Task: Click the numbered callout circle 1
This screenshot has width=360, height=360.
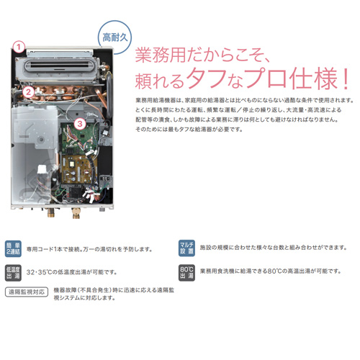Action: pyautogui.click(x=19, y=47)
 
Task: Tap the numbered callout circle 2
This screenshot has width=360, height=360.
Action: pyautogui.click(x=28, y=92)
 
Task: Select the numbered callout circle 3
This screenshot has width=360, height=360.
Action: pyautogui.click(x=80, y=124)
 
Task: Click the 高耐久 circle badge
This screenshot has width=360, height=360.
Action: pyautogui.click(x=114, y=37)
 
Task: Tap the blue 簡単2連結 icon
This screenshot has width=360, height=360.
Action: pyautogui.click(x=13, y=248)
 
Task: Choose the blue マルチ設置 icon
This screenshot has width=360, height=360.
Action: pyautogui.click(x=186, y=248)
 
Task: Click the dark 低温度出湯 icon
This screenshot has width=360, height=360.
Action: pyautogui.click(x=13, y=273)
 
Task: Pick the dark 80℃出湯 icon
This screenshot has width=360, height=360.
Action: pyautogui.click(x=186, y=273)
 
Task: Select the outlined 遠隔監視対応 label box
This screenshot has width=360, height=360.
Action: pyautogui.click(x=27, y=292)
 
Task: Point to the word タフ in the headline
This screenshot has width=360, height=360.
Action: pyautogui.click(x=207, y=78)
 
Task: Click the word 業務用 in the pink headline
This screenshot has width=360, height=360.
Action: pyautogui.click(x=161, y=55)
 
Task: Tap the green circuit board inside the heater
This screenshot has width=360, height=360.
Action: pyautogui.click(x=80, y=138)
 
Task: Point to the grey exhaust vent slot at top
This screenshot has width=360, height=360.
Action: pyautogui.click(x=58, y=65)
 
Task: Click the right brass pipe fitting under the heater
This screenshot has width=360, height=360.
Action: pyautogui.click(x=76, y=213)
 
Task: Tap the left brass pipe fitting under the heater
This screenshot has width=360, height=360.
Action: pyautogui.click(x=51, y=212)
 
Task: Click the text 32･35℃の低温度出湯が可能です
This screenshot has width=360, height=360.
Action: pyautogui.click(x=71, y=272)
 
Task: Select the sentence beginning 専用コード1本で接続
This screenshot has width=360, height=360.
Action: pyautogui.click(x=89, y=249)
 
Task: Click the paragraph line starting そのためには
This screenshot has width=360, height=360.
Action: pyautogui.click(x=189, y=130)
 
